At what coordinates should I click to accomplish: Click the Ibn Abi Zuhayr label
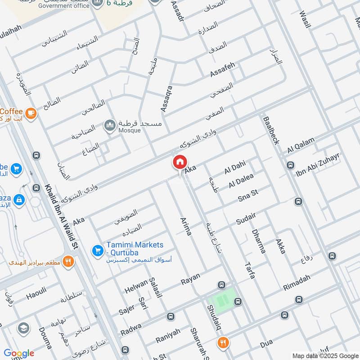(318, 164)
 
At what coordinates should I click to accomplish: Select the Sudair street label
(246, 218)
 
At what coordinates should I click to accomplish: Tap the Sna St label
(247, 195)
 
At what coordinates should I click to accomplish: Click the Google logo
(19, 353)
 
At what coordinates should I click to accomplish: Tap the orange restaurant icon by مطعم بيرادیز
(68, 261)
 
